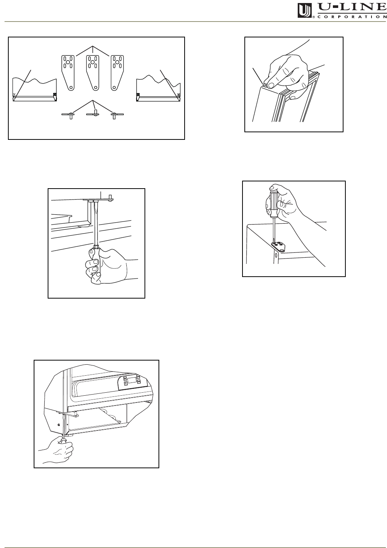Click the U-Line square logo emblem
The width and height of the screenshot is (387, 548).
(305, 11)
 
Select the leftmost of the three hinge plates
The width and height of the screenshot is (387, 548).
(68, 73)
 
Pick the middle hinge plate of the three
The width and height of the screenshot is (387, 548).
(93, 73)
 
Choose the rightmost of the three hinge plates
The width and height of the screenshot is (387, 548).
(117, 73)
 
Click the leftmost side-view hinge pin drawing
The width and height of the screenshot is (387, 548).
(70, 115)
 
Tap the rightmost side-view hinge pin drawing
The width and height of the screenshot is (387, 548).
(114, 115)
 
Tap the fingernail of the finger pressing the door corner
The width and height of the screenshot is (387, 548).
(270, 85)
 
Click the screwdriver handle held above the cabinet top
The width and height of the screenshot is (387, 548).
(274, 202)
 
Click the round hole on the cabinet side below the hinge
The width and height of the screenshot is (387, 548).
(276, 256)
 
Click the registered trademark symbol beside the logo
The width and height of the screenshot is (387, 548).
(314, 17)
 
